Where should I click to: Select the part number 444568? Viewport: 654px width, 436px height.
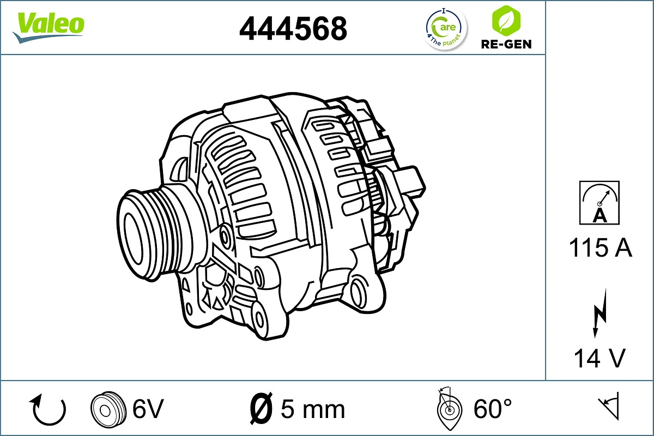pyautogui.click(x=293, y=28)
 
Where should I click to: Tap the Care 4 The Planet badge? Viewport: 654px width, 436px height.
pyautogui.click(x=446, y=29)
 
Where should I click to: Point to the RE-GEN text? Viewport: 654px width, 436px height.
pyautogui.click(x=506, y=44)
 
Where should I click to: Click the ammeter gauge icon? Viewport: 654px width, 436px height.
pyautogui.click(x=599, y=202)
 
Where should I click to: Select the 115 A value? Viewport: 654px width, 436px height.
pyautogui.click(x=600, y=248)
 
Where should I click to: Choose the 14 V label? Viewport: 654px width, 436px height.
pyautogui.click(x=599, y=358)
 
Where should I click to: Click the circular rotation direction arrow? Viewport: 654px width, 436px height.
pyautogui.click(x=49, y=410)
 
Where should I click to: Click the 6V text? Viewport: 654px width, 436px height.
pyautogui.click(x=148, y=409)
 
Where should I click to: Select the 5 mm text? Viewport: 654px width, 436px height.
pyautogui.click(x=312, y=409)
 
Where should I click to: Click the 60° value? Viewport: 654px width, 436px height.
pyautogui.click(x=493, y=409)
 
